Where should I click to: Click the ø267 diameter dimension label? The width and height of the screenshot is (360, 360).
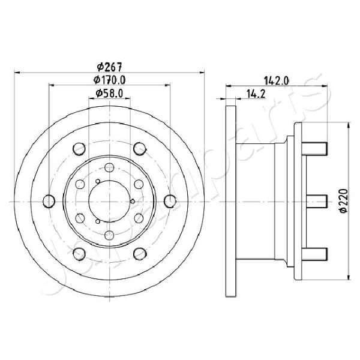click(109, 67)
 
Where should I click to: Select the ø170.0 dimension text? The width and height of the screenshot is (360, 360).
click(109, 80)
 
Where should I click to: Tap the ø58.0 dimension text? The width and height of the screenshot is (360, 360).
click(109, 93)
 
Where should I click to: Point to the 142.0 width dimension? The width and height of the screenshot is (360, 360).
click(276, 81)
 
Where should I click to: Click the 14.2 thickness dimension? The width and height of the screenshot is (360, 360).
click(256, 94)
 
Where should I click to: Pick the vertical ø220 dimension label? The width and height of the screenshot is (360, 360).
click(343, 201)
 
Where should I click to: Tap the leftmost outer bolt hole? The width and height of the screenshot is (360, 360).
click(49, 201)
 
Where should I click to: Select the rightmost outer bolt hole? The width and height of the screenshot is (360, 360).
click(170, 201)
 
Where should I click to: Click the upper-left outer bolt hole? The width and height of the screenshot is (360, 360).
click(79, 149)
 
